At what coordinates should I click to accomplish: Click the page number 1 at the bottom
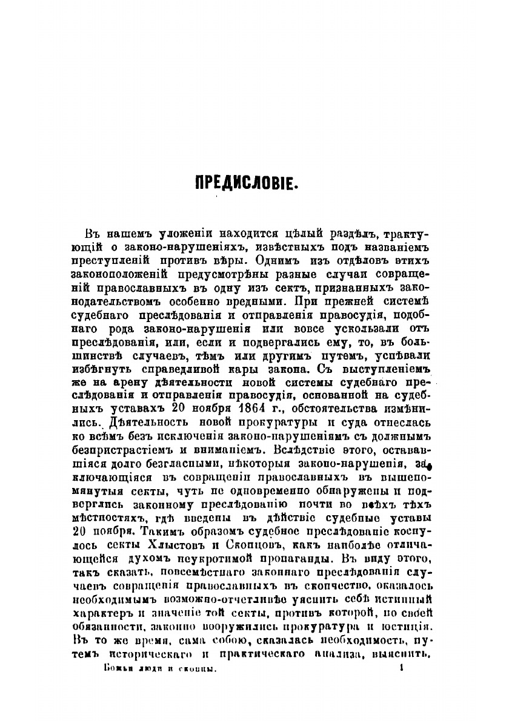(x=401, y=668)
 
